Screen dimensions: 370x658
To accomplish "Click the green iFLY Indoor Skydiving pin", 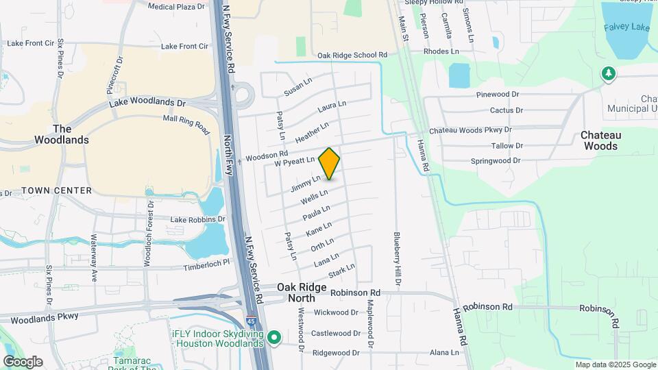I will pyautogui.click(x=275, y=336).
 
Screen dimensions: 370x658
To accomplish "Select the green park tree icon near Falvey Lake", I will pyautogui.click(x=607, y=73).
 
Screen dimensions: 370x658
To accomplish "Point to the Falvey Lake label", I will pyautogui.click(x=626, y=27).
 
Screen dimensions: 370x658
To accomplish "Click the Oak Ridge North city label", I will pyautogui.click(x=296, y=293).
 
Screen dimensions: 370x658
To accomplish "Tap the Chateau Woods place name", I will pyautogui.click(x=599, y=140).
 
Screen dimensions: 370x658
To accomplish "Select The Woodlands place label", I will pyautogui.click(x=62, y=134).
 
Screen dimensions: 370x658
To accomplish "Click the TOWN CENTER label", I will pyautogui.click(x=56, y=190).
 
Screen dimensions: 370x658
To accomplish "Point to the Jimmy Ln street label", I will pyautogui.click(x=306, y=184).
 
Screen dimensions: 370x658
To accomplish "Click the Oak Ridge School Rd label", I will pyautogui.click(x=352, y=55).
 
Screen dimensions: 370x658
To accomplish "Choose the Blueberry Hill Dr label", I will pyautogui.click(x=397, y=259).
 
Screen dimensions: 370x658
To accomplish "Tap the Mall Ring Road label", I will pyautogui.click(x=186, y=124).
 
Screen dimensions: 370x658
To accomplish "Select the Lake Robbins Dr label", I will pyautogui.click(x=197, y=219).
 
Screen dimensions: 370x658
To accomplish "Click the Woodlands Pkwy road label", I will pyautogui.click(x=45, y=317).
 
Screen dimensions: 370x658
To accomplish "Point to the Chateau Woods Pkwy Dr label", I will pyautogui.click(x=470, y=129).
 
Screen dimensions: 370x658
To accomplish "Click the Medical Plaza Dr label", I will pyautogui.click(x=177, y=6).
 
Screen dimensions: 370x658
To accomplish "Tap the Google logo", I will pyautogui.click(x=23, y=362).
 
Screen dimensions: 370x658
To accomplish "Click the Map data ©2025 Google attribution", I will pyautogui.click(x=615, y=365).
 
